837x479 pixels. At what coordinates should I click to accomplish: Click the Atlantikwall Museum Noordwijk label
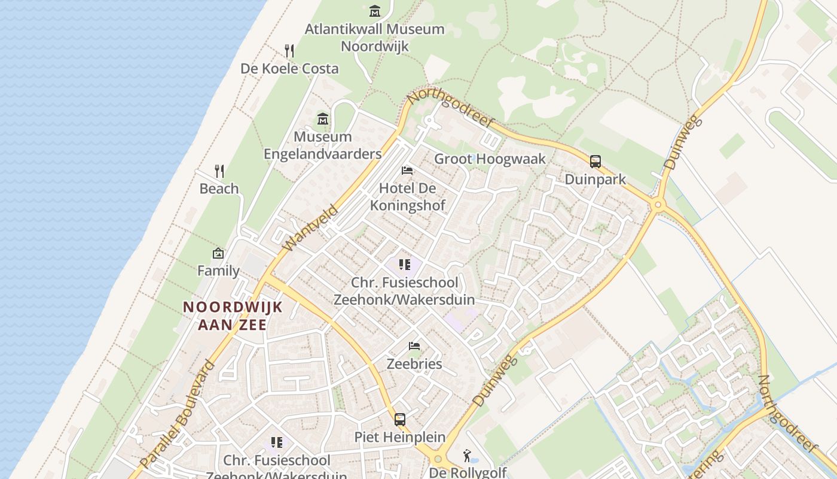point(375,37)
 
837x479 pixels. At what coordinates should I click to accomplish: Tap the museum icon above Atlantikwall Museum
point(375,11)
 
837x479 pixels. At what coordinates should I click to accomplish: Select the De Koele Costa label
point(289,68)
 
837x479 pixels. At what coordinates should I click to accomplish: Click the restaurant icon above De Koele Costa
point(289,50)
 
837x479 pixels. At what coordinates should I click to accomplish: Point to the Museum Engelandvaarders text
point(323,145)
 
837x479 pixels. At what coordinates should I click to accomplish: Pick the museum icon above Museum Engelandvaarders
point(323,119)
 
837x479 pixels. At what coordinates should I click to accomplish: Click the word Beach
point(219,189)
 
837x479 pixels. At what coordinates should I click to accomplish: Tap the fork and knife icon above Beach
point(219,171)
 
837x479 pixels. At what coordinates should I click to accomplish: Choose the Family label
point(218,271)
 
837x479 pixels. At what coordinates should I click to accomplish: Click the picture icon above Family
point(218,253)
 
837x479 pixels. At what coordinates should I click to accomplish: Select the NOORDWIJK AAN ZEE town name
point(232,316)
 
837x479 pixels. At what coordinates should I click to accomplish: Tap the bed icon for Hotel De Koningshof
point(407,171)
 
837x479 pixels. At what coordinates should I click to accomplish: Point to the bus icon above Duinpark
point(595,161)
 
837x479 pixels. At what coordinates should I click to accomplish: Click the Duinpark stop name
point(595,179)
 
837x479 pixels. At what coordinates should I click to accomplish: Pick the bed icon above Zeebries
point(414,346)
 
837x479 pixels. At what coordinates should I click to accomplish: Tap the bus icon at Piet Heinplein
point(400,420)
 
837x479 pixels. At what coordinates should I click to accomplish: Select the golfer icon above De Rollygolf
point(467,456)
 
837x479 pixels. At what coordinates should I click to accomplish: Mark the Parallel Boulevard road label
point(177,414)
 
